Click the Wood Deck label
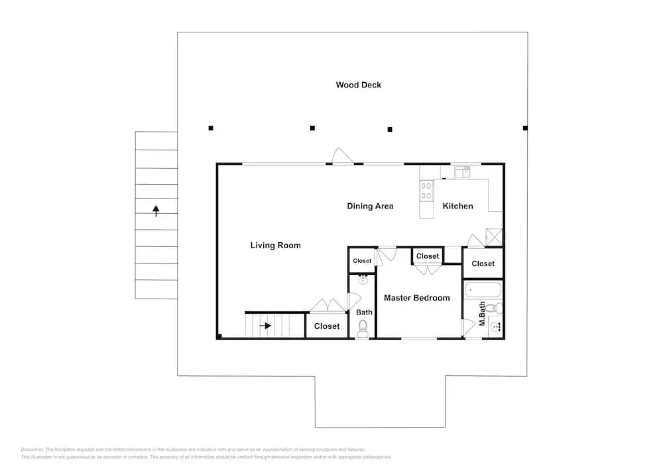click(x=358, y=85)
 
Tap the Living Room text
click(x=276, y=246)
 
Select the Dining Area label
click(x=370, y=206)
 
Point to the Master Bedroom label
click(x=417, y=298)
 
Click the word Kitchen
click(x=458, y=206)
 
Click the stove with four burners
click(x=426, y=191)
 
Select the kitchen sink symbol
click(x=463, y=172)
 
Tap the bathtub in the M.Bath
click(x=483, y=290)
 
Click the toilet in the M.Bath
click(x=493, y=309)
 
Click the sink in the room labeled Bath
click(x=363, y=279)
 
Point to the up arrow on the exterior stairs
click(x=156, y=211)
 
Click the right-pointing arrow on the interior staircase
click(x=265, y=326)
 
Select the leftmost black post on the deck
click(x=211, y=128)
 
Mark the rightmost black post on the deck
click(x=525, y=128)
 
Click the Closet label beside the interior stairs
click(x=327, y=326)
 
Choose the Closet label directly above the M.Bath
click(x=483, y=264)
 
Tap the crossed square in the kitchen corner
click(x=494, y=237)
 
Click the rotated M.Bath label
click(x=482, y=314)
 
